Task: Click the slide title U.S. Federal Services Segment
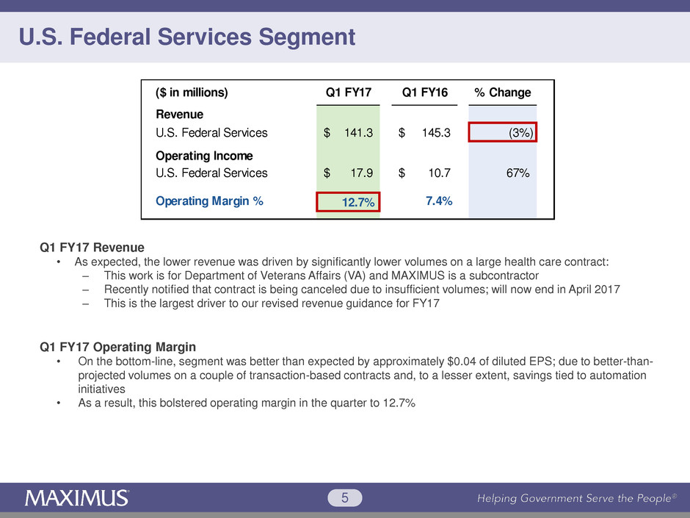point(188,37)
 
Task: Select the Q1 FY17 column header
point(349,93)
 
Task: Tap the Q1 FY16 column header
point(426,93)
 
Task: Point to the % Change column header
point(503,93)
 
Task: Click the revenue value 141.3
point(357,133)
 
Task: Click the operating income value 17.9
point(360,173)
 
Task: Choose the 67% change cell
point(517,173)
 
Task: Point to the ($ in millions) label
point(192,93)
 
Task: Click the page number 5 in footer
point(345,500)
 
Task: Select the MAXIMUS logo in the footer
point(78,499)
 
